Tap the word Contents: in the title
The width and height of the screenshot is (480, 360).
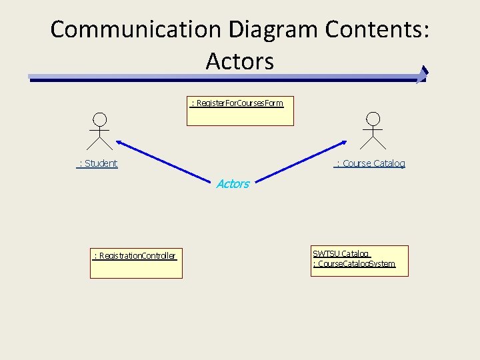point(377,30)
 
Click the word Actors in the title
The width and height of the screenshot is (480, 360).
point(239,61)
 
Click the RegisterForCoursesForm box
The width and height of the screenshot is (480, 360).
point(240,111)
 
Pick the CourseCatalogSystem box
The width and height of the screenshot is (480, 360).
point(359,261)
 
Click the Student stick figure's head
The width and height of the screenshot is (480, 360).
point(99,119)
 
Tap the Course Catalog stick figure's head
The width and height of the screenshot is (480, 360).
point(373,119)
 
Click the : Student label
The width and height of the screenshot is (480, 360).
point(97,163)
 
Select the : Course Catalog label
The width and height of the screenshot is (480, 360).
point(370,163)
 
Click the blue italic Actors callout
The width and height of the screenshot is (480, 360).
point(233,184)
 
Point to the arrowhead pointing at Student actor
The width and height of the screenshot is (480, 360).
point(119,142)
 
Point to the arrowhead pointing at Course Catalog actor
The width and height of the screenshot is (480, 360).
point(343,142)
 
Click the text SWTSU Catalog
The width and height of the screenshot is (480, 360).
point(341,253)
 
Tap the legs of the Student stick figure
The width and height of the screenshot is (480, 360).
point(99,142)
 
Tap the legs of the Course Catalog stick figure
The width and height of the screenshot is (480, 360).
point(373,141)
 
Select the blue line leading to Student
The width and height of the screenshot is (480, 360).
point(167,160)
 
